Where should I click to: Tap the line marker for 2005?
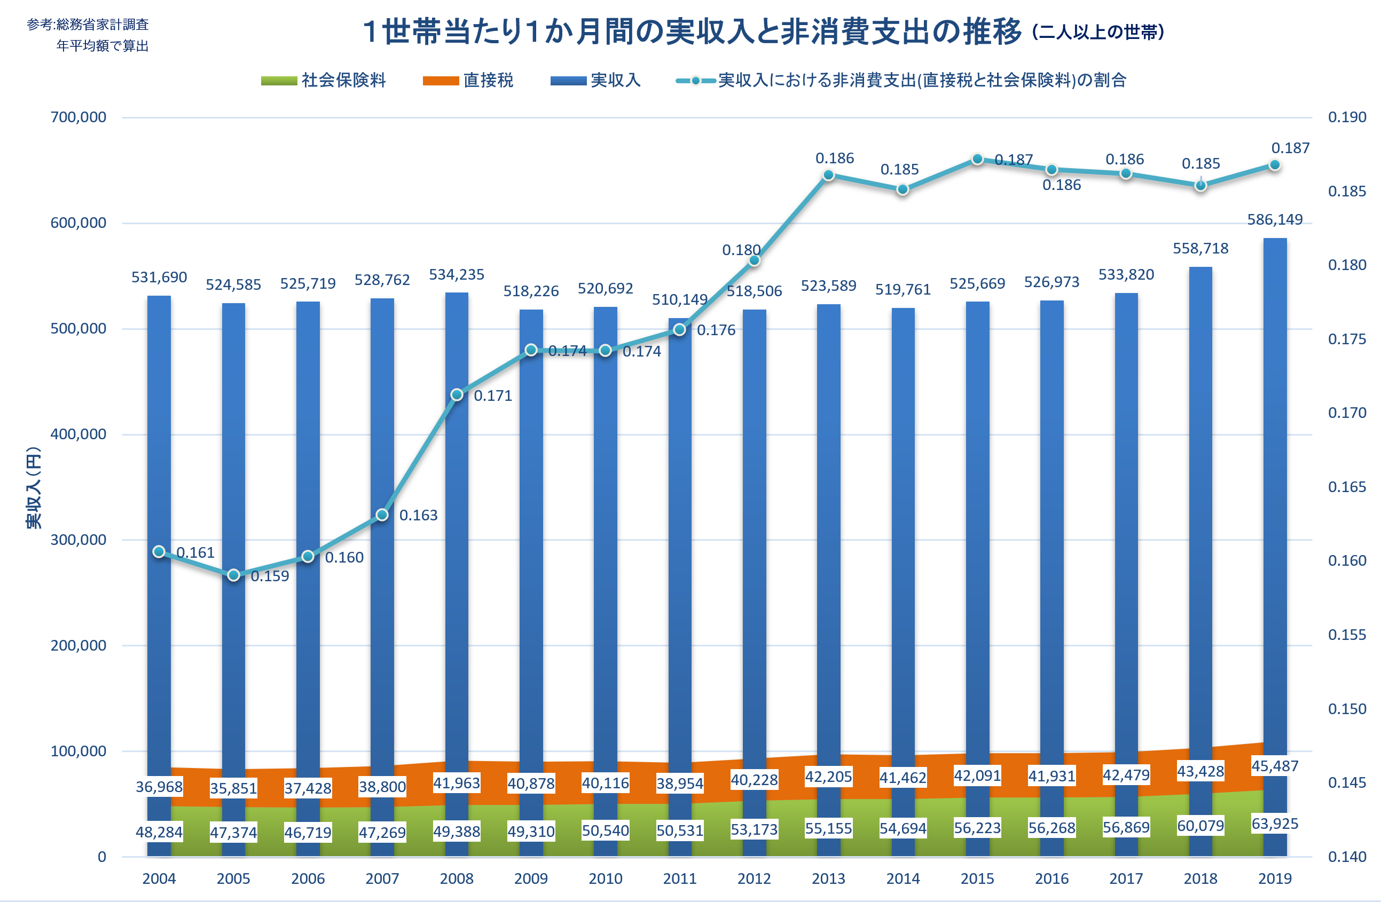(x=233, y=575)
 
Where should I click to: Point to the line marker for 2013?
(x=829, y=175)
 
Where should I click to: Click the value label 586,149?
(x=1275, y=220)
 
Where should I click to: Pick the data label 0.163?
(x=418, y=515)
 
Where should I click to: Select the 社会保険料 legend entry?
(x=323, y=80)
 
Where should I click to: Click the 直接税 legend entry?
(x=468, y=80)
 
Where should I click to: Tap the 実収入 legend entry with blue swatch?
(x=595, y=80)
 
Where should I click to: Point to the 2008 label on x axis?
(x=457, y=879)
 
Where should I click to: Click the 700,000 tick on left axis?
(x=79, y=117)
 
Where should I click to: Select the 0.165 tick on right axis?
(x=1347, y=487)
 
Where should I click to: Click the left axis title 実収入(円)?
(x=34, y=487)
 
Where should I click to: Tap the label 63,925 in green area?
(x=1275, y=824)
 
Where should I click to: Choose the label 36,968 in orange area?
(x=159, y=787)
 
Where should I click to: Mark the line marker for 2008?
(x=457, y=395)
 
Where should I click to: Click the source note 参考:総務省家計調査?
(x=88, y=25)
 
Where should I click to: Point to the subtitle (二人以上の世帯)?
(x=1098, y=32)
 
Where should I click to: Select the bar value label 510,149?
(x=679, y=300)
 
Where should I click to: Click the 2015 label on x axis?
(x=977, y=879)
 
